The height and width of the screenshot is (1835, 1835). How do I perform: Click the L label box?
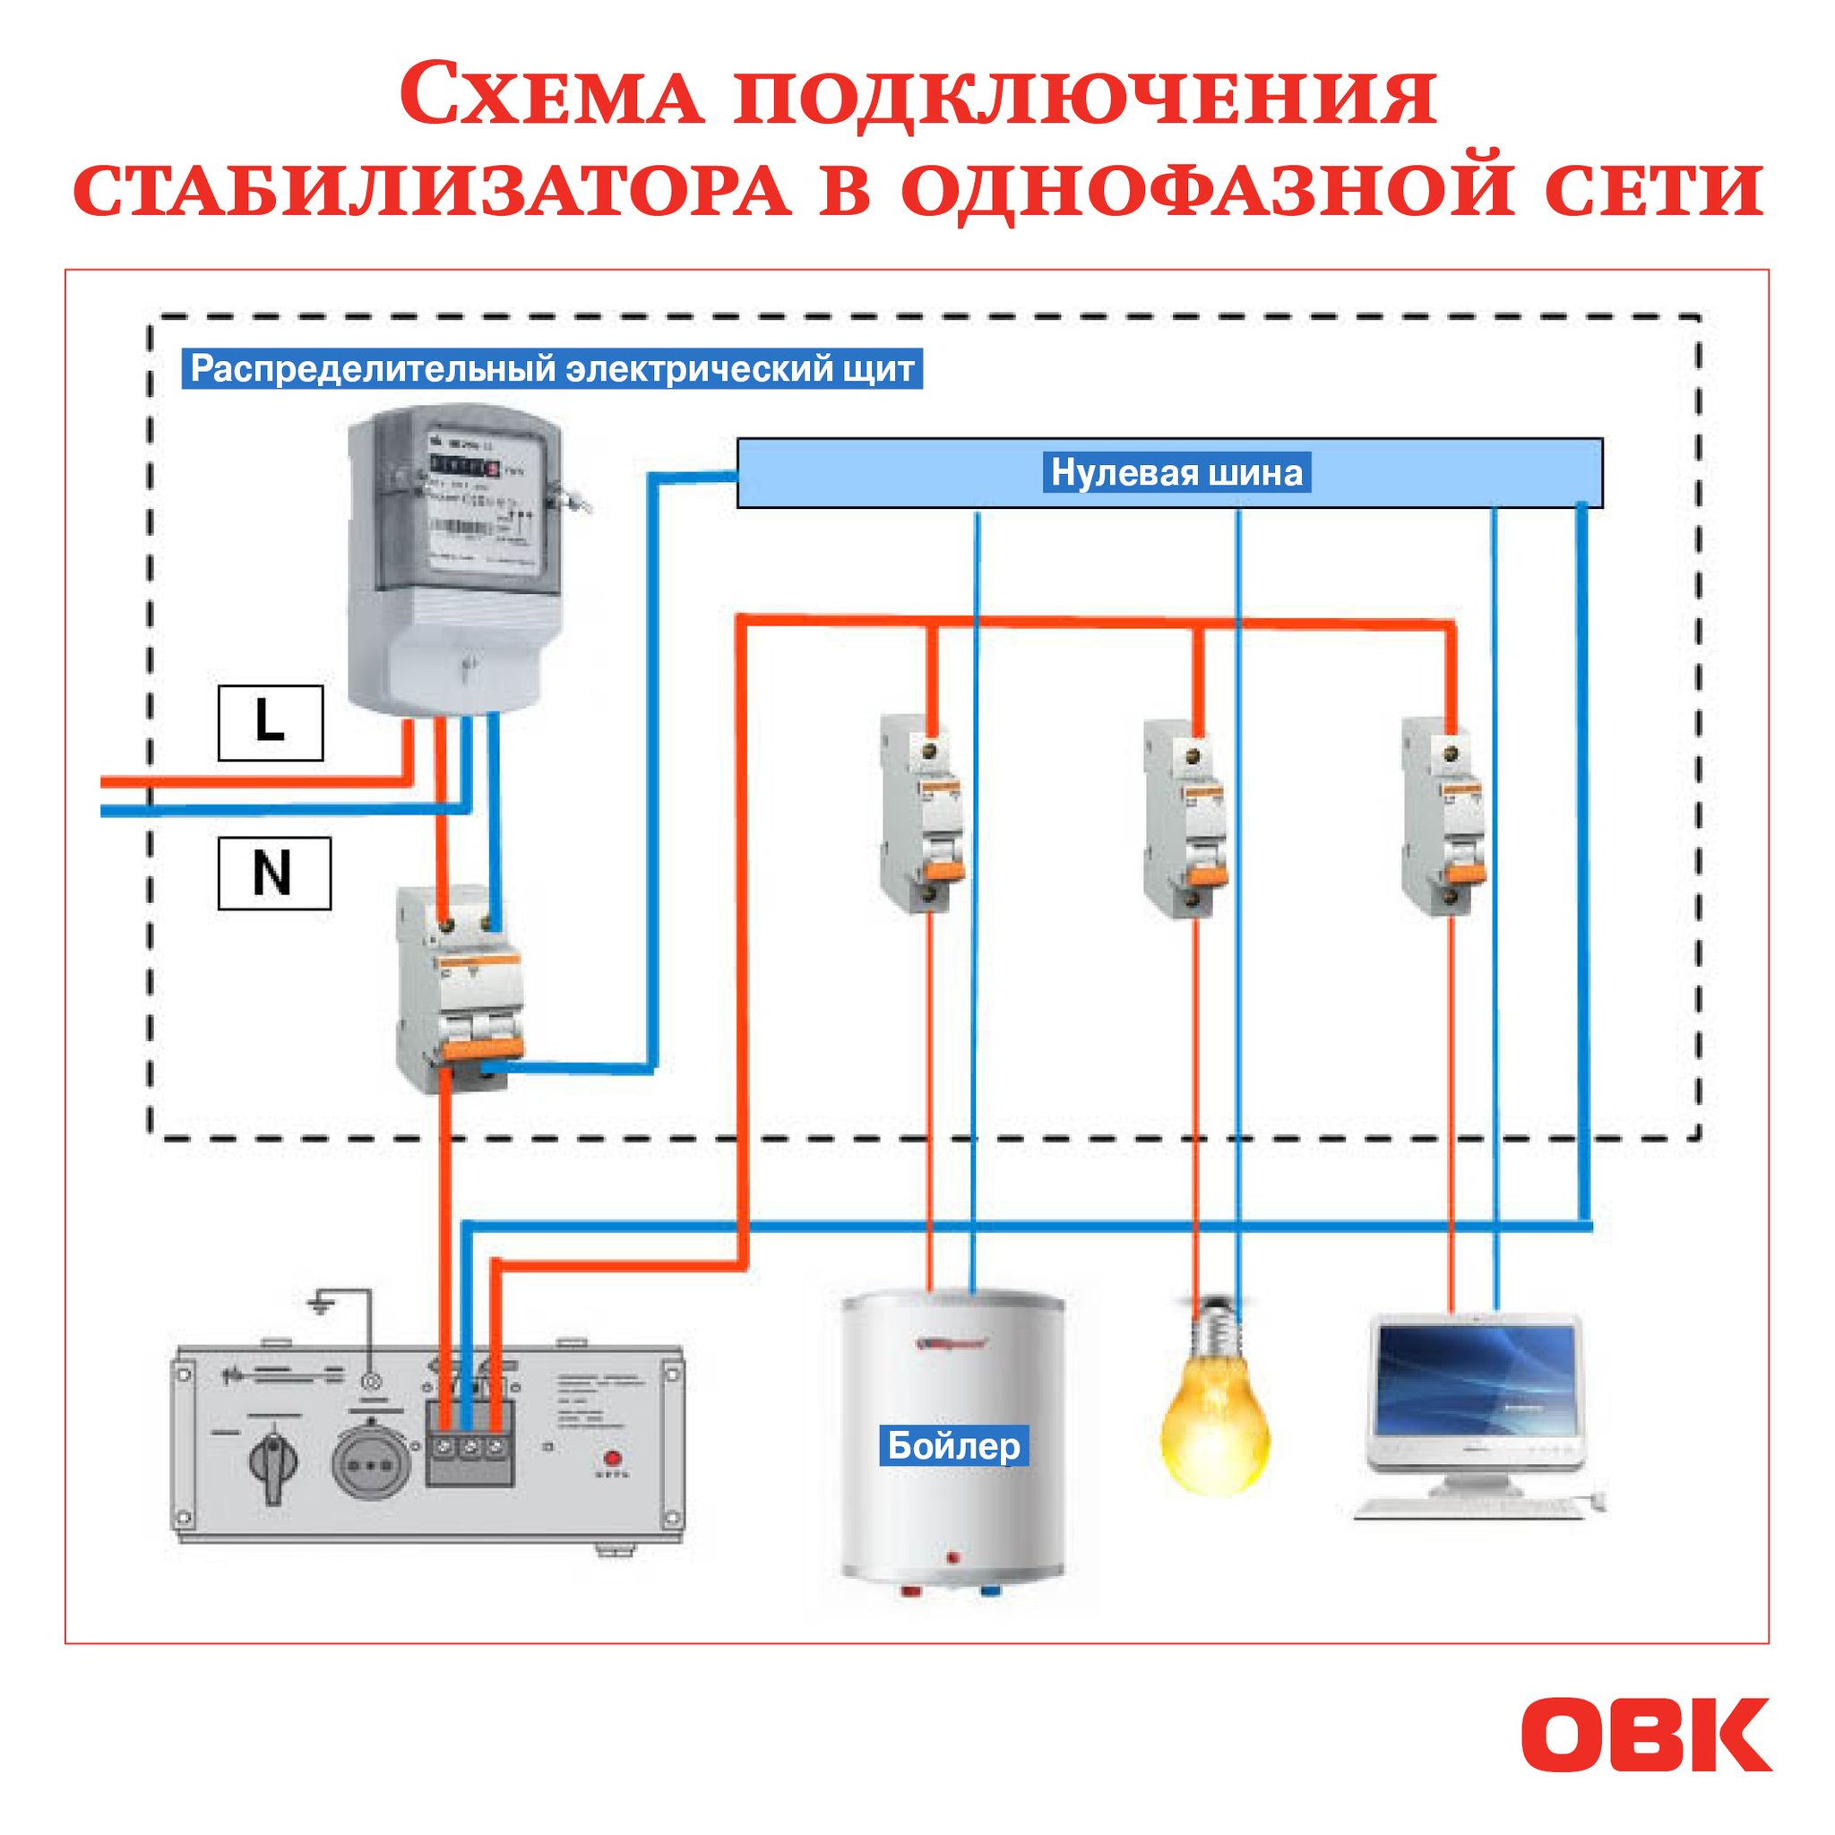click(x=270, y=723)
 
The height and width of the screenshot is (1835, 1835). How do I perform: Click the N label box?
click(x=273, y=873)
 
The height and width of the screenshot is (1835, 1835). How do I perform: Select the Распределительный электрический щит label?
click(x=552, y=368)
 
